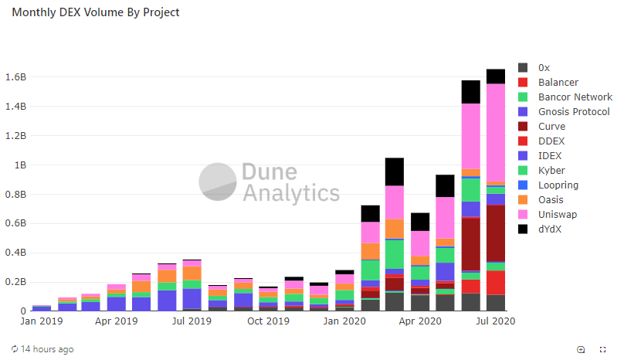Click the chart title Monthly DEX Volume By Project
click(x=96, y=13)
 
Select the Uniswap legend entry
click(x=557, y=214)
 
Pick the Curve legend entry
click(x=551, y=126)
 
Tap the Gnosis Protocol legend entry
click(x=574, y=111)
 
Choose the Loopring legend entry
click(x=558, y=185)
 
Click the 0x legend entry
click(x=544, y=67)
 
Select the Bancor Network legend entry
click(x=575, y=97)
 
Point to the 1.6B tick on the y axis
click(x=15, y=77)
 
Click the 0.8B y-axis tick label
click(x=15, y=195)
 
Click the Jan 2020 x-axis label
click(x=344, y=320)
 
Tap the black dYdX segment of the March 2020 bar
click(x=395, y=172)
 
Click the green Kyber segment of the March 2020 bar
click(x=395, y=254)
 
